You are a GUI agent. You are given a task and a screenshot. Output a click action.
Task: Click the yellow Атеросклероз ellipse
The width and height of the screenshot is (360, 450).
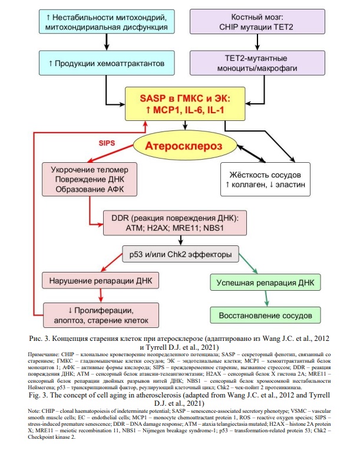(x=185, y=146)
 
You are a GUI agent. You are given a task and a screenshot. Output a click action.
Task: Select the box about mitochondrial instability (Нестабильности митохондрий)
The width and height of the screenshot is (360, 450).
(x=107, y=21)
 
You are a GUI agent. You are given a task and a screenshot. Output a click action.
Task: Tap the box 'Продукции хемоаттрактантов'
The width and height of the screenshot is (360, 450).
(x=107, y=63)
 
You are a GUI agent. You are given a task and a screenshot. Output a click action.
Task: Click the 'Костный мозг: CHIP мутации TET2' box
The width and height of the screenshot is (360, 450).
(x=257, y=21)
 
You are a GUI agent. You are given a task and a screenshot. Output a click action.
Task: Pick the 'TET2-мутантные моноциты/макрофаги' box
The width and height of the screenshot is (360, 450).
(x=257, y=63)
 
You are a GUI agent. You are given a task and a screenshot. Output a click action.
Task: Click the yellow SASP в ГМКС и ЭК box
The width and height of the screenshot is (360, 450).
(x=185, y=104)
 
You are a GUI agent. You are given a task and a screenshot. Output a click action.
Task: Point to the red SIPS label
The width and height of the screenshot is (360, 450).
(x=107, y=143)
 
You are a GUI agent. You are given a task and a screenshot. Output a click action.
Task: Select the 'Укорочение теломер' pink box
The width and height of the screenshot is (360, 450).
(x=90, y=179)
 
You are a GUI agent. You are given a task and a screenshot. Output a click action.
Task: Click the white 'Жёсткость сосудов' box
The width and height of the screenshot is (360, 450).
(x=265, y=179)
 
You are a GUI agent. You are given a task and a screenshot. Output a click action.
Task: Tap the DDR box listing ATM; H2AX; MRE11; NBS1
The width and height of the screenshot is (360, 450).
(x=175, y=223)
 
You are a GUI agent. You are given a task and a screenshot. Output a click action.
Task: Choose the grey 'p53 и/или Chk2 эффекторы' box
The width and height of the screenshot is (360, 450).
(x=180, y=254)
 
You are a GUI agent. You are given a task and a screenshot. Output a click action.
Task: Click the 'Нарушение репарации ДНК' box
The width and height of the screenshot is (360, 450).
(x=100, y=280)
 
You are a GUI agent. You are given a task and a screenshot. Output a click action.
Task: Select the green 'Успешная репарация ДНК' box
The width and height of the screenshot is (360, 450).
(x=265, y=283)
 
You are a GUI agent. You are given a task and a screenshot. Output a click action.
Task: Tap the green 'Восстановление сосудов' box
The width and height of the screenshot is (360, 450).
(x=265, y=316)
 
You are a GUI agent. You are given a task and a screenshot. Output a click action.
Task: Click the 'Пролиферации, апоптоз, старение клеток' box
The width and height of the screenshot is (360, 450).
(x=101, y=315)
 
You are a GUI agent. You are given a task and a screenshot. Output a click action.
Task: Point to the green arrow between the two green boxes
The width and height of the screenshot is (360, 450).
(x=266, y=298)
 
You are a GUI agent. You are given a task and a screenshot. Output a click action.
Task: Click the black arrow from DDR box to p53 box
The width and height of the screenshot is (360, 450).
(x=181, y=241)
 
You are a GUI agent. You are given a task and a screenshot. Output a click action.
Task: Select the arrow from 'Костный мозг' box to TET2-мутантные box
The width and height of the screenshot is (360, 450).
(x=257, y=42)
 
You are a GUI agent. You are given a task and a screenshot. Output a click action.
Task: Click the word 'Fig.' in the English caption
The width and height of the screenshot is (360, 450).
(x=34, y=395)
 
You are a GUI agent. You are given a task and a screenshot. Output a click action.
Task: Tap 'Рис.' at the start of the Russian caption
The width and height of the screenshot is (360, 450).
(x=35, y=339)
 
